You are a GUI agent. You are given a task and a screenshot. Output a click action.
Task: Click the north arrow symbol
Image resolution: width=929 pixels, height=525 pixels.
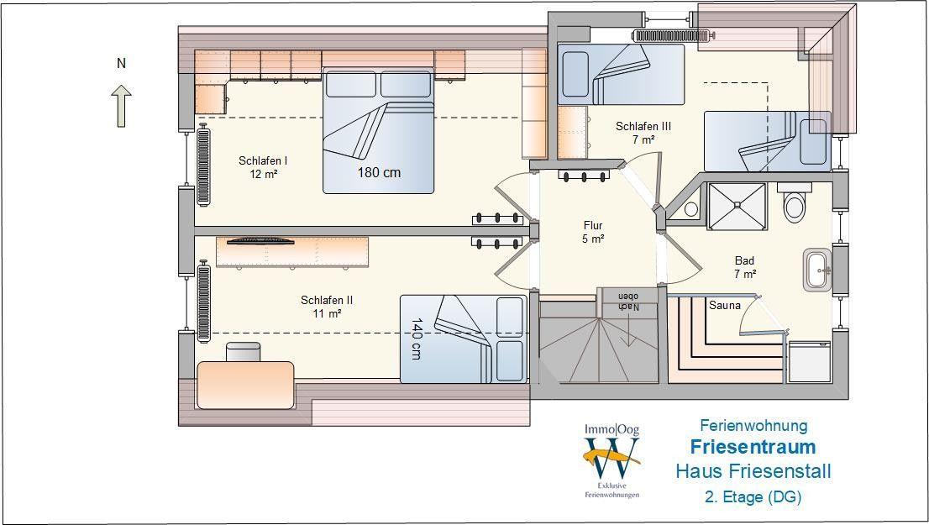pos(122,106)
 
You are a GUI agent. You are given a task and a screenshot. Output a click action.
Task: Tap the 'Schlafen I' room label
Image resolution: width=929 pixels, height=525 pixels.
pos(263,160)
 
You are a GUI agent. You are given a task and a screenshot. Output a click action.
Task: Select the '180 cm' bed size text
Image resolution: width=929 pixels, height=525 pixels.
pos(379,172)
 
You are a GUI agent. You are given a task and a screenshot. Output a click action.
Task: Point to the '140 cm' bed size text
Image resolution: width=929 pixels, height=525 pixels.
pos(416,339)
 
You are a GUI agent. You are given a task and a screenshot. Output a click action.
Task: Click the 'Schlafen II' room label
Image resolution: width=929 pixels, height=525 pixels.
pos(327,300)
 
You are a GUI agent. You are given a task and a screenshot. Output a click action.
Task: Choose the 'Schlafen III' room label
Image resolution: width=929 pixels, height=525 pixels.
pos(643,126)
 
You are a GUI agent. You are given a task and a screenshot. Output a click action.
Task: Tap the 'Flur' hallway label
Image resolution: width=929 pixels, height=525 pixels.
pos(593,225)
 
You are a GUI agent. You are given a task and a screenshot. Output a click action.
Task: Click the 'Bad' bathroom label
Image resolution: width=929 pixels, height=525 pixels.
pos(745,260)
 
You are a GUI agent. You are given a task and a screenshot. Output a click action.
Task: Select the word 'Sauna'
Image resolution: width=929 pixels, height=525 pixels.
pos(725,305)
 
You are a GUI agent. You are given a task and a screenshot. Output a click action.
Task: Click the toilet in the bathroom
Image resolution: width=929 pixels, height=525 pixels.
pos(795,202)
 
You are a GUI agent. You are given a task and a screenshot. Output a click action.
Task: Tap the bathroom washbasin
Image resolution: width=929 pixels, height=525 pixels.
pos(818,270)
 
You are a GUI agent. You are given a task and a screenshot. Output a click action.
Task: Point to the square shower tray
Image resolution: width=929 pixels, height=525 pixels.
pos(737,206)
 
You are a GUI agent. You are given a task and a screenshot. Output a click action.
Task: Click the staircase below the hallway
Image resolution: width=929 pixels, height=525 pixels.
pos(598,344)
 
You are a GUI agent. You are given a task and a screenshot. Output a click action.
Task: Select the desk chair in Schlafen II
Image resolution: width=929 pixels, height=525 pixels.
pos(243,352)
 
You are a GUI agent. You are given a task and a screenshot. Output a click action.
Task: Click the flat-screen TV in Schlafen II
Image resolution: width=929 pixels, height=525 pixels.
pos(260,240)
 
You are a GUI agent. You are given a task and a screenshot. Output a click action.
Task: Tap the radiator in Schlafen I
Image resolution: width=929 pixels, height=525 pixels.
pos(203,165)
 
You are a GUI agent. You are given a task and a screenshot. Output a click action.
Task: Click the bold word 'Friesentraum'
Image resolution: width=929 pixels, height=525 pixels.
pos(753,447)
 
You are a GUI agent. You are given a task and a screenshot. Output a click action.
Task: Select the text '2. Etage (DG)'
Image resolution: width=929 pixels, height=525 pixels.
pos(753,496)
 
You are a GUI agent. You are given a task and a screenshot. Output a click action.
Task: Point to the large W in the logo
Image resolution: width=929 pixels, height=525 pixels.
pos(612,458)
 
